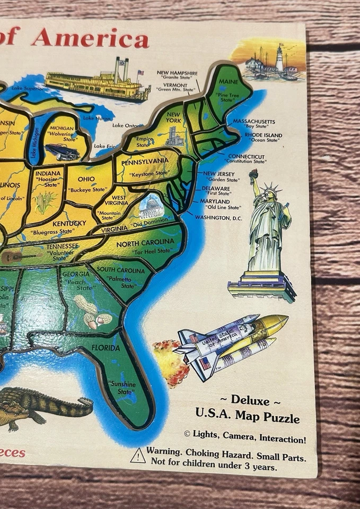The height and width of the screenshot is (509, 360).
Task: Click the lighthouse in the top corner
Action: point(279,58)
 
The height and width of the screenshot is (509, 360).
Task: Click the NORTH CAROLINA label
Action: point(145,243)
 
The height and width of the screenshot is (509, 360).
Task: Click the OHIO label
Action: point(86,179)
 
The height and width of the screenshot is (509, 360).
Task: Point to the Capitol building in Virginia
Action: point(151,207)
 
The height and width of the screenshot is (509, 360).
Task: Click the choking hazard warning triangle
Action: point(138,455)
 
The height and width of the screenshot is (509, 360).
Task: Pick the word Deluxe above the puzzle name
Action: point(250,400)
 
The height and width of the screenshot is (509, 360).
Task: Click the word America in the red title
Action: point(90,38)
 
